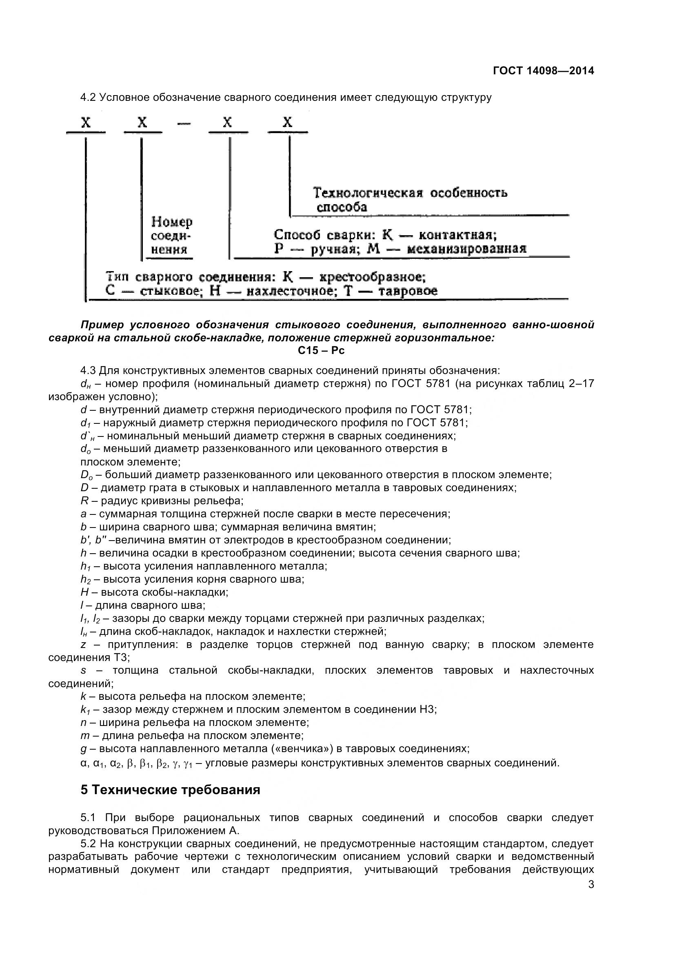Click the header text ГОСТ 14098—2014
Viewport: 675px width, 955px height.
pyautogui.click(x=543, y=71)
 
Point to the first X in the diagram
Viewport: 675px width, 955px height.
pyautogui.click(x=86, y=122)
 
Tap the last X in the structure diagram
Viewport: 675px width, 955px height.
pyautogui.click(x=288, y=122)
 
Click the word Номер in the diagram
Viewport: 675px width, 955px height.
pyautogui.click(x=172, y=222)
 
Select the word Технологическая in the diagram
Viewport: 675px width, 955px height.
pyautogui.click(x=367, y=193)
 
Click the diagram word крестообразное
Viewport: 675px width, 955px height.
pyautogui.click(x=372, y=276)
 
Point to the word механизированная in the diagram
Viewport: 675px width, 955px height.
pyautogui.click(x=466, y=249)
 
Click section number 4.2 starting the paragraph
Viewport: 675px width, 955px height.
pyautogui.click(x=88, y=98)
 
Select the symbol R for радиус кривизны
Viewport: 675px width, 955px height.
pyautogui.click(x=84, y=501)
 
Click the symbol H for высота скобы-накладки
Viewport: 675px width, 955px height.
pyautogui.click(x=84, y=592)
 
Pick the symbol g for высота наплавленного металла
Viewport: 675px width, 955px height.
pyautogui.click(x=84, y=749)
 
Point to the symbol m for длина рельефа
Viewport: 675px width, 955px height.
pyautogui.click(x=85, y=736)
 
